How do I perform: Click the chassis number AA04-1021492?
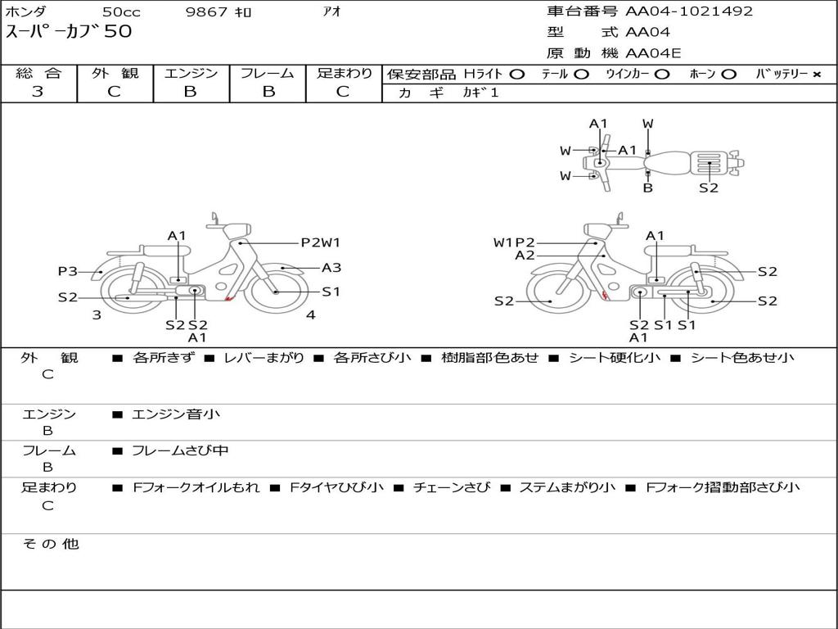click(689, 11)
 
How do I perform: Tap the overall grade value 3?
click(38, 92)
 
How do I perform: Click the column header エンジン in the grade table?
click(191, 73)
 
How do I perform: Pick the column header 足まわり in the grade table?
click(344, 73)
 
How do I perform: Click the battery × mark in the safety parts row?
click(816, 74)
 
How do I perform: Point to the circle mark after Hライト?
click(516, 74)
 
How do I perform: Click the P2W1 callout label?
click(320, 242)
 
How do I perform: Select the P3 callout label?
click(67, 271)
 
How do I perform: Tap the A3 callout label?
click(331, 267)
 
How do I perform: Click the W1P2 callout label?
click(514, 242)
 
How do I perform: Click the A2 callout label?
click(525, 256)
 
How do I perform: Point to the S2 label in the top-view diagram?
click(709, 188)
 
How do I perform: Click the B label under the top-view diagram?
click(647, 188)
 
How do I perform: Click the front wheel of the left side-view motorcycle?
click(276, 290)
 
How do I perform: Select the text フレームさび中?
click(180, 450)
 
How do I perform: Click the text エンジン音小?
click(176, 414)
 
